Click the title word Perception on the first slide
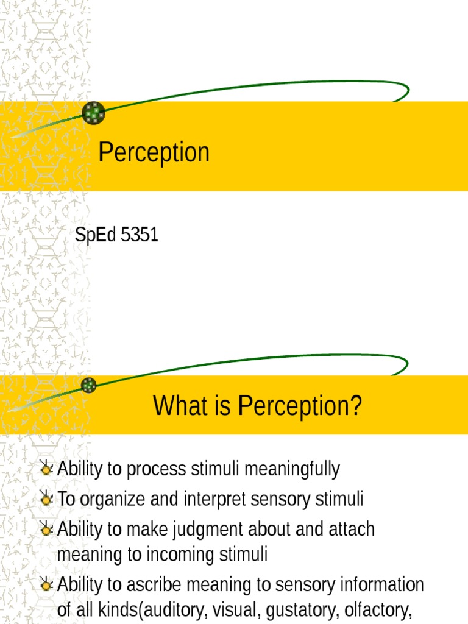point(154,152)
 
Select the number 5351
point(140,235)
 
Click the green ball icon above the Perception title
point(93,113)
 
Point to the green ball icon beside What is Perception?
point(89,385)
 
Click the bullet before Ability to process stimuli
point(46,469)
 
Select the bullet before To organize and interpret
point(46,499)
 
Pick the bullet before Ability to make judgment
point(46,529)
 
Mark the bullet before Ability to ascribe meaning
point(46,586)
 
